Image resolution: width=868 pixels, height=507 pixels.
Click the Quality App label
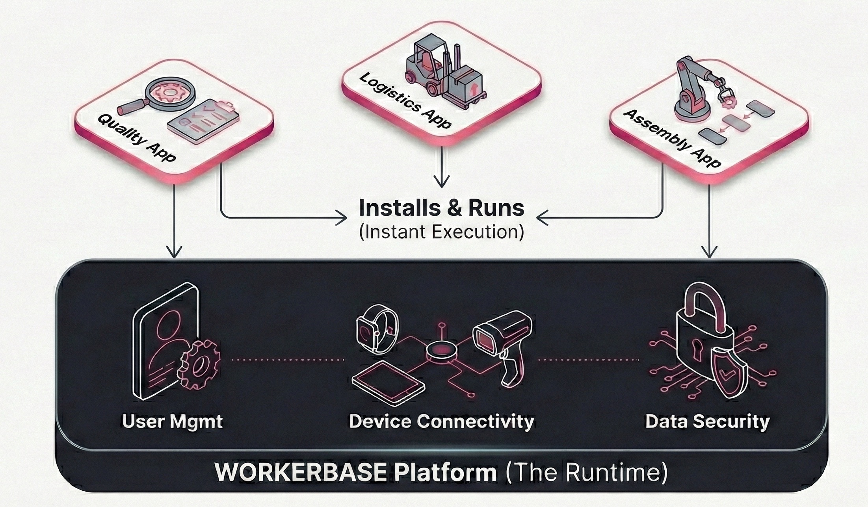(136, 138)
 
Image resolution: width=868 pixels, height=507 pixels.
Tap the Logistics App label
(405, 101)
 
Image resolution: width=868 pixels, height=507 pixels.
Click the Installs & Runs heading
(441, 208)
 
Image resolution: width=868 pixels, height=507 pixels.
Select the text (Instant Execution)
(441, 232)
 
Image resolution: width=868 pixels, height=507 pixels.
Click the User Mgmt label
(172, 422)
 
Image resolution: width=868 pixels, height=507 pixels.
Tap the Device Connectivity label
(441, 422)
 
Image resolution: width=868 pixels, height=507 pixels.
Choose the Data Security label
(707, 422)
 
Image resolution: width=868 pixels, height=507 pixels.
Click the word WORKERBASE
(301, 472)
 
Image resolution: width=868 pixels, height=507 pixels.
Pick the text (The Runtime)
(586, 472)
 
